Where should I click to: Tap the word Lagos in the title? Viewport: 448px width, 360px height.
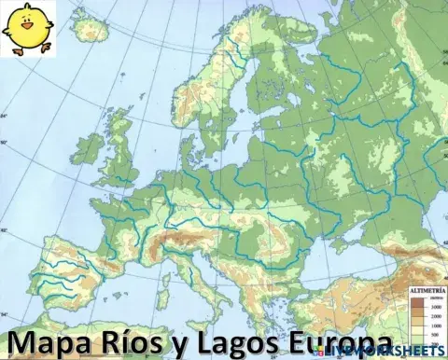pos(223,340)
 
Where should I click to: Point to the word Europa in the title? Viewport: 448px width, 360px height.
pos(322,340)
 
